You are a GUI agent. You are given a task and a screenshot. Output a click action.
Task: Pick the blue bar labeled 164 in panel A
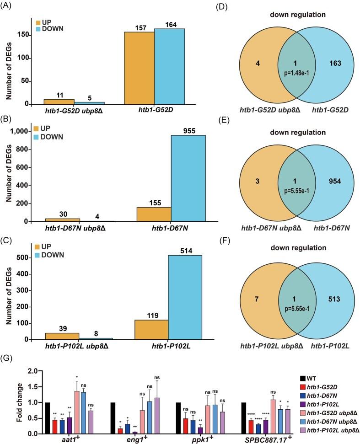(169, 67)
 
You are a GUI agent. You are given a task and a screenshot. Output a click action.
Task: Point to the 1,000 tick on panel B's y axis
(21, 131)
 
